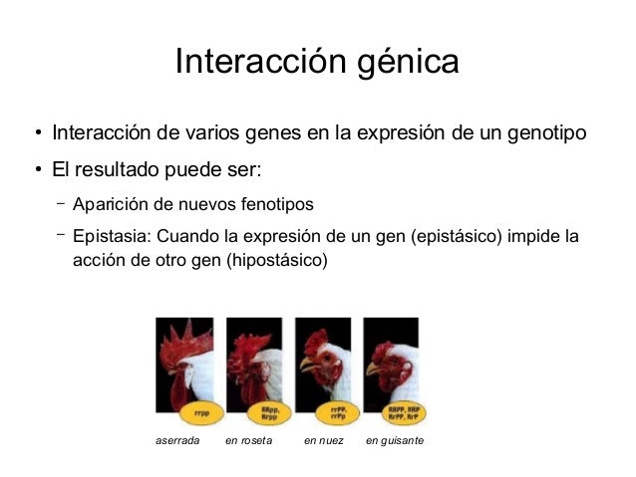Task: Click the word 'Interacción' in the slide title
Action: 257,64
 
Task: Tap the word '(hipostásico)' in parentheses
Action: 276,263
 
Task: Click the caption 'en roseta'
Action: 249,439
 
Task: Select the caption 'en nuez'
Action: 324,439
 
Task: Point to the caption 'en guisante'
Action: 395,439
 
